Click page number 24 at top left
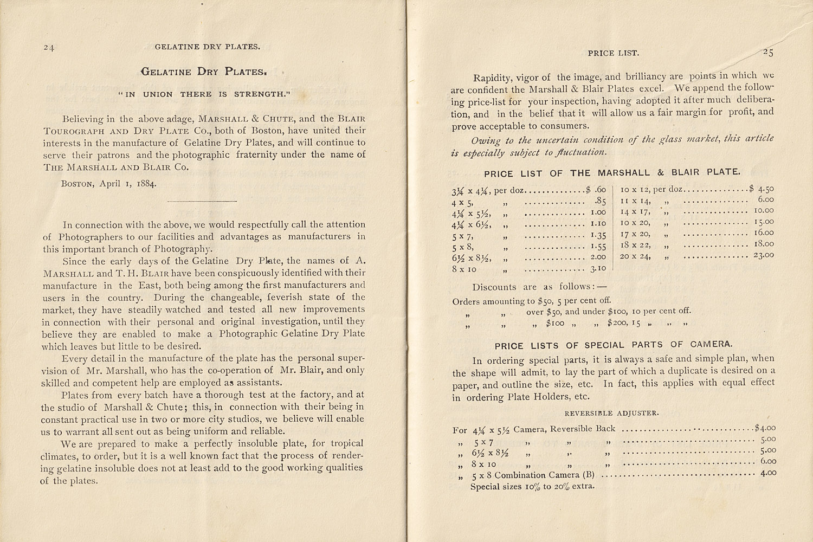pos(49,47)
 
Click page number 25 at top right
pos(767,53)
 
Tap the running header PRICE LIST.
pos(613,53)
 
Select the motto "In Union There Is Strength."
pos(205,94)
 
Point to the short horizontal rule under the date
pos(202,202)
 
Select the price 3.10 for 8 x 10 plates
pos(598,268)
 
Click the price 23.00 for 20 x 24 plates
pos(764,255)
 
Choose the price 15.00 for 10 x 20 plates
pos(764,222)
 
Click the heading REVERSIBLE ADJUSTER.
pos(611,413)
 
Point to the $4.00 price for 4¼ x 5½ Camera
pos(765,428)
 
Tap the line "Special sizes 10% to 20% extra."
pos(532,486)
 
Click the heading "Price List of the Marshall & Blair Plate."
pos(611,172)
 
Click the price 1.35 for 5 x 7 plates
pos(598,235)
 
